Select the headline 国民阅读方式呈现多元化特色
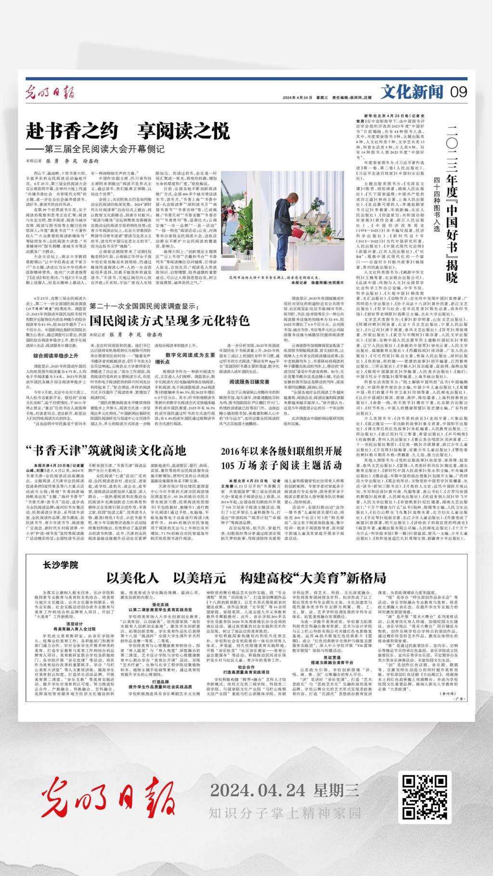click(169, 320)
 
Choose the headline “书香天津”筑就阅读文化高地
click(105, 450)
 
